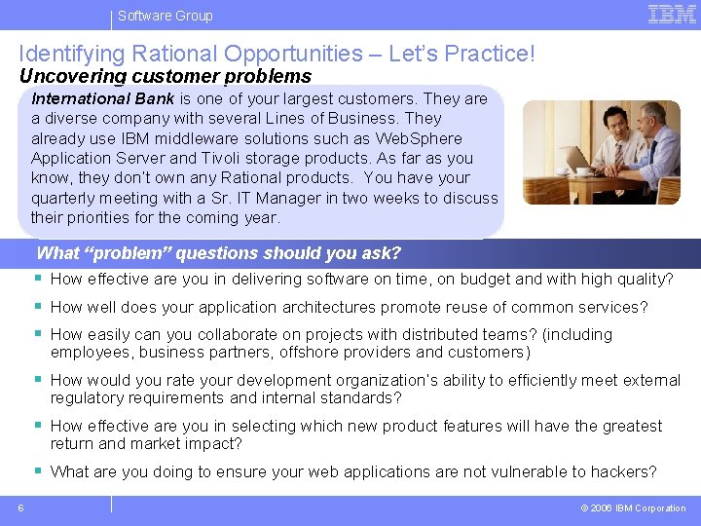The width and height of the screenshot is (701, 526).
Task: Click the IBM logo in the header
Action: coord(672,14)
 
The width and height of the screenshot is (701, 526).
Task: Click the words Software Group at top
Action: coord(165,16)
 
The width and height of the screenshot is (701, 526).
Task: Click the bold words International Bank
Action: coord(103,98)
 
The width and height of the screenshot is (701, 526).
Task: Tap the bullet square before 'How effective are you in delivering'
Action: coord(38,279)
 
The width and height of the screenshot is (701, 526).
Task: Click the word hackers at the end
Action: coord(625,472)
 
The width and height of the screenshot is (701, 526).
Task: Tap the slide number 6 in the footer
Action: coord(20,507)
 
